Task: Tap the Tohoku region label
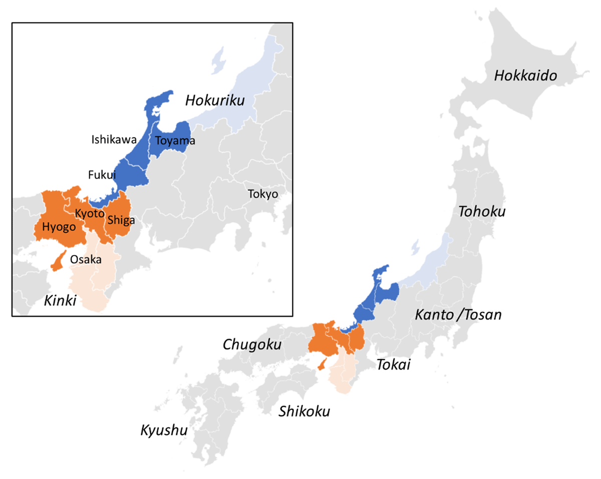click(482, 212)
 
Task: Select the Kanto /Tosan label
click(458, 315)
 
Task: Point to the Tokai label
click(393, 365)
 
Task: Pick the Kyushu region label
click(164, 430)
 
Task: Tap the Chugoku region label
click(252, 345)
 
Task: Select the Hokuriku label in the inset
click(215, 100)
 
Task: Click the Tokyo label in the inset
click(263, 194)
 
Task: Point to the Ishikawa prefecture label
click(114, 140)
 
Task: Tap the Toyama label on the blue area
click(175, 141)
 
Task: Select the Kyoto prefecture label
click(90, 213)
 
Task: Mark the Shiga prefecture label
click(121, 220)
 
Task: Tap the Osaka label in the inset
click(86, 260)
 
